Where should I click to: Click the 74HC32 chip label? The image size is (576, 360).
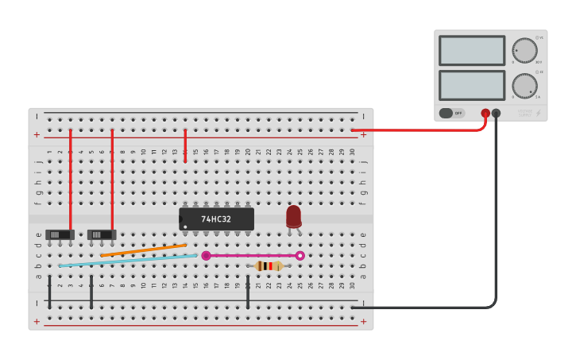[x=216, y=219]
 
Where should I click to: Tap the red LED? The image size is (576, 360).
[x=294, y=215]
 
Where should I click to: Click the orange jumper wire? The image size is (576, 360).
[x=143, y=250]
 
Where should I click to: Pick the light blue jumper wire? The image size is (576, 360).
[x=127, y=261]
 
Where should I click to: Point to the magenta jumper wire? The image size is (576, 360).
[x=253, y=256]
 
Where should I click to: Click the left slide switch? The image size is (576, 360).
[x=60, y=234]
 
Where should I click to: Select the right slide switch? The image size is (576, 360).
[x=102, y=234]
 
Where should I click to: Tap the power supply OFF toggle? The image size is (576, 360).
[x=451, y=113]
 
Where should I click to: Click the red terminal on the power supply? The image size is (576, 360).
[x=485, y=113]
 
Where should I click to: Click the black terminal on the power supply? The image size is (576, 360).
[x=497, y=113]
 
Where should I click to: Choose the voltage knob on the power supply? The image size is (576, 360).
[x=524, y=51]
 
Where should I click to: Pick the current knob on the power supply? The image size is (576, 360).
[x=524, y=86]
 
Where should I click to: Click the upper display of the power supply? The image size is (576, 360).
[x=471, y=51]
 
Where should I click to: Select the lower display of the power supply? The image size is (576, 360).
[x=471, y=86]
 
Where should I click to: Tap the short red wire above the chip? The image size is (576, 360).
[x=185, y=146]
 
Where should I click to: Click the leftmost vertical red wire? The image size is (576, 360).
[x=71, y=179]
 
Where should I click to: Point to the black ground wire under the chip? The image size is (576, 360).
[x=248, y=292]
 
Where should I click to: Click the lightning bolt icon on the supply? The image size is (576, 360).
[x=539, y=113]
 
